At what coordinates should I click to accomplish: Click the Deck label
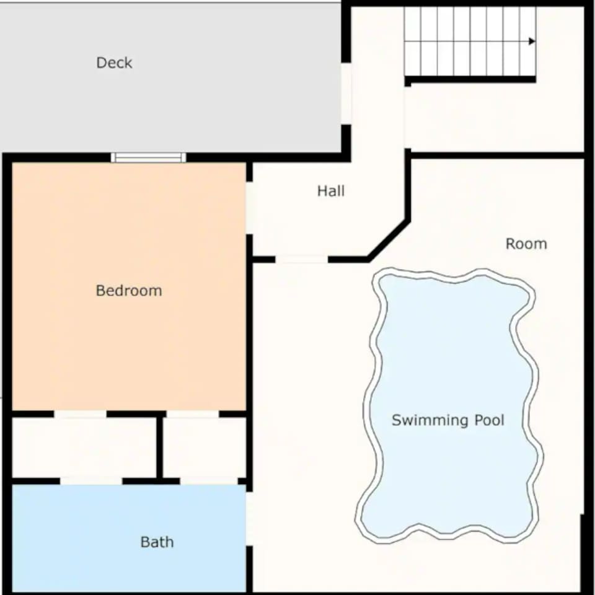pyautogui.click(x=114, y=63)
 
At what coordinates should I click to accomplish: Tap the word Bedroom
pyautogui.click(x=129, y=291)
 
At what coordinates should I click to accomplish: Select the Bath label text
pyautogui.click(x=157, y=542)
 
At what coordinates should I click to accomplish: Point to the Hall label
pyautogui.click(x=331, y=191)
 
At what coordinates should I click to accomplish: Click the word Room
pyautogui.click(x=526, y=244)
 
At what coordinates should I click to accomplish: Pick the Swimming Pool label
pyautogui.click(x=447, y=420)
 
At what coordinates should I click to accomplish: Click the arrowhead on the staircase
pyautogui.click(x=532, y=41)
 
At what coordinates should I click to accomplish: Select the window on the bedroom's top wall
pyautogui.click(x=148, y=157)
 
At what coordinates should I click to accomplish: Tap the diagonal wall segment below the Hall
pyautogui.click(x=389, y=240)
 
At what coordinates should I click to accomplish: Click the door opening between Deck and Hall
pyautogui.click(x=346, y=94)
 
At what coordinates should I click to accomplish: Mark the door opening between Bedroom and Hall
pyautogui.click(x=249, y=208)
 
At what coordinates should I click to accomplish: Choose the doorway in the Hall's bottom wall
pyautogui.click(x=302, y=260)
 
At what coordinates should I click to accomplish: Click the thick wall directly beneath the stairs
pyautogui.click(x=470, y=79)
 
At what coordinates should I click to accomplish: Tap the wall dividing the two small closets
pyautogui.click(x=160, y=447)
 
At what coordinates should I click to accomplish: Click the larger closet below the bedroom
pyautogui.click(x=84, y=447)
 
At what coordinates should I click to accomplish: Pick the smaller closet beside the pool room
pyautogui.click(x=205, y=447)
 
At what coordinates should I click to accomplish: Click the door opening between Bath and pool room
pyautogui.click(x=249, y=519)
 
